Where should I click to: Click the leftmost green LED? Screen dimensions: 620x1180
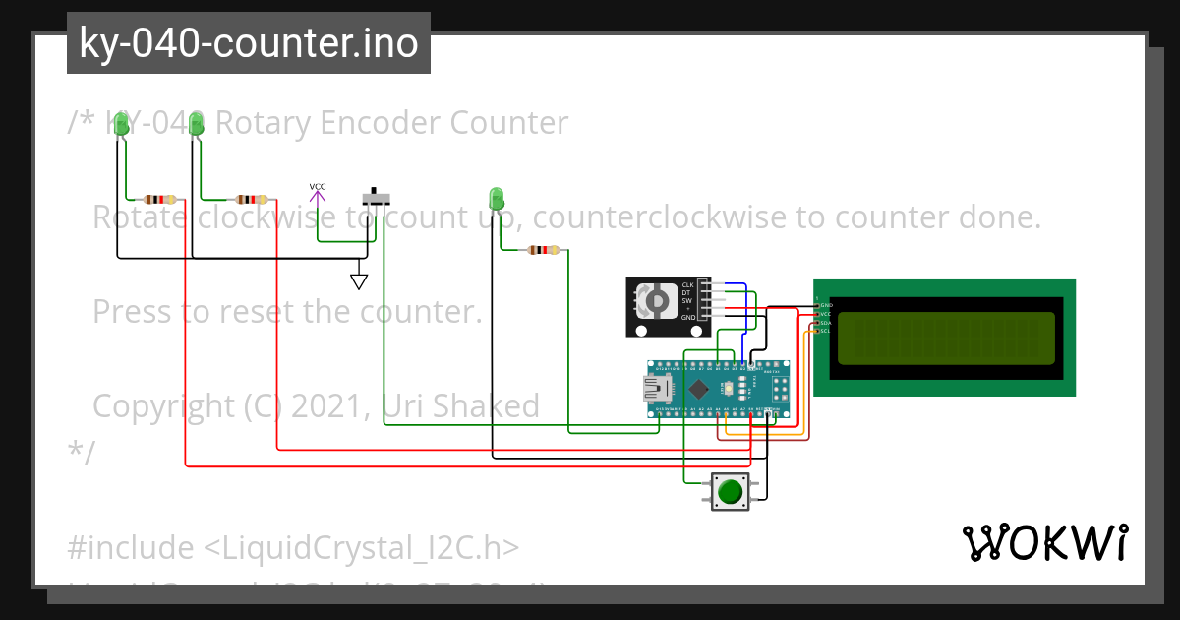pos(122,124)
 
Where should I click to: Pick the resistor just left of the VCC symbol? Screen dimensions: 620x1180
pos(252,198)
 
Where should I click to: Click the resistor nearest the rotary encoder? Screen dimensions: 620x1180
pos(543,250)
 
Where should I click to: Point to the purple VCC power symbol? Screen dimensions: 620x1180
pos(318,195)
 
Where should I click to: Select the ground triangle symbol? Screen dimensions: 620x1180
pos(360,281)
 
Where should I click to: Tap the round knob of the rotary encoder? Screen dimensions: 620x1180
pos(653,300)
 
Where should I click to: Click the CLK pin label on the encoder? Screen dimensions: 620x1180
pos(687,285)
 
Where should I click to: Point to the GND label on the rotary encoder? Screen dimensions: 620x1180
pos(687,318)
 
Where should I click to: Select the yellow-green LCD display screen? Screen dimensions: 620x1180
pos(946,338)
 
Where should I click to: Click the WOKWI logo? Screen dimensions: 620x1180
pos(1044,542)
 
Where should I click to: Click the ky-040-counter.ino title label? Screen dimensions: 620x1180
pos(248,43)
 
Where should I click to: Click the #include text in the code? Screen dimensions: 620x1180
pos(131,547)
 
